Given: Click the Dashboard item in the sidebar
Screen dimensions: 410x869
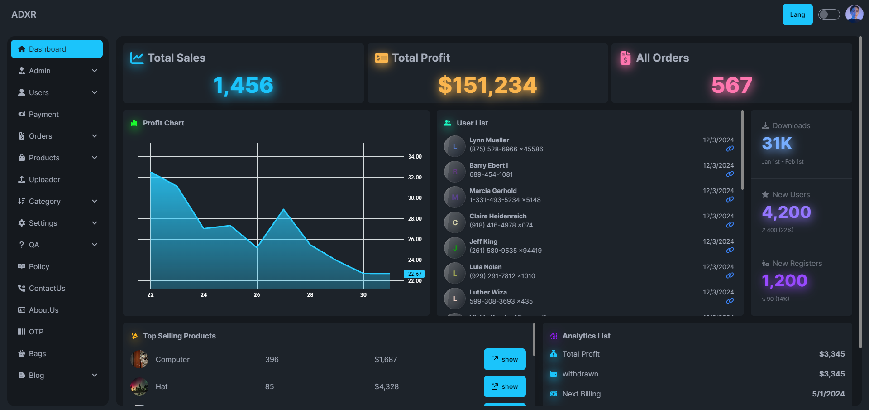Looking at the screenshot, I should pos(57,49).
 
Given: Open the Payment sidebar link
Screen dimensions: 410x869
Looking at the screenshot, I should pos(44,114).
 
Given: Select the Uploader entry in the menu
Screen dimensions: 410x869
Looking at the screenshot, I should pos(44,179).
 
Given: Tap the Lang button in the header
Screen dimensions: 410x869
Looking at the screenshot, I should pos(797,14).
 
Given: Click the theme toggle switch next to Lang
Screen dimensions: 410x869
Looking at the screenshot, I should pos(829,14).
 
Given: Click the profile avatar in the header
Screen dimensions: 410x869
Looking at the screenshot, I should pos(854,14).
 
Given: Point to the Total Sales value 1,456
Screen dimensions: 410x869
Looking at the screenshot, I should pos(243,85).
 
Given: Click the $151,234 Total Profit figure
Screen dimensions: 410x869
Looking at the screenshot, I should pos(487,85).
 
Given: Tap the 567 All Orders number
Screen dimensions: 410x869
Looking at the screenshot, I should pos(731,85).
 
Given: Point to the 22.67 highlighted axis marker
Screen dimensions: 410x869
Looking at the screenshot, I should pos(414,274).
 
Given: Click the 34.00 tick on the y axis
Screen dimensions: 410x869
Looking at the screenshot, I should pos(415,157).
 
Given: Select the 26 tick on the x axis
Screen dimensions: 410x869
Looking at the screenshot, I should pos(257,295).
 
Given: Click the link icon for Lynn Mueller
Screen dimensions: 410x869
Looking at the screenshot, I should pos(730,149).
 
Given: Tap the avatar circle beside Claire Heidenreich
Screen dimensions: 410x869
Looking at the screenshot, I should pos(455,222).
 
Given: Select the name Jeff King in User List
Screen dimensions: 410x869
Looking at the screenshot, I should pos(483,241).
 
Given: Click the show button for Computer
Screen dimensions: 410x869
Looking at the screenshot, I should pos(505,359).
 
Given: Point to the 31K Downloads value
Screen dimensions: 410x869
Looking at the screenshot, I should pos(777,144).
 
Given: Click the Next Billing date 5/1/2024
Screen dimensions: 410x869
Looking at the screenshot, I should pos(828,394).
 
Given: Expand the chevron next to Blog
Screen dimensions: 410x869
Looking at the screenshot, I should pos(95,375).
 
